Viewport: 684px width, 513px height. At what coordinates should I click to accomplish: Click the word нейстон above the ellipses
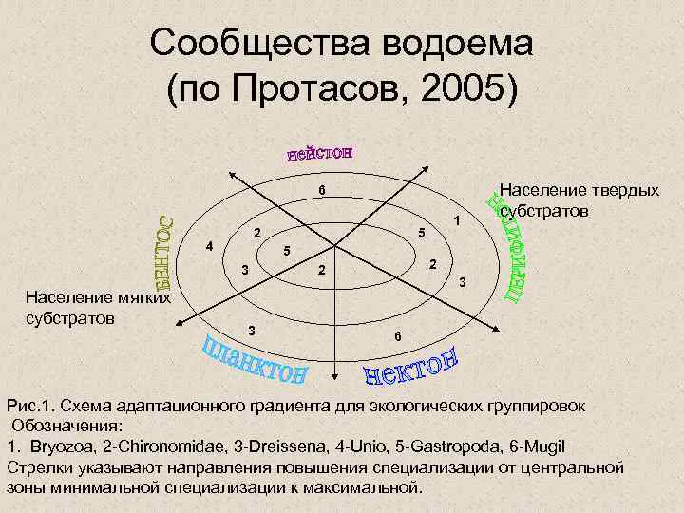coord(320,153)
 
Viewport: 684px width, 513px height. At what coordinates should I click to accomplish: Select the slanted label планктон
coord(255,360)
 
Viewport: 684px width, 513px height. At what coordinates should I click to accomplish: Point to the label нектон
coord(412,368)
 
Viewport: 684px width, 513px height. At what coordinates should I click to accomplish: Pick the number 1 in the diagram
coord(456,220)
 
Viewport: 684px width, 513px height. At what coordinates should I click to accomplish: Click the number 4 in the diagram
coord(209,247)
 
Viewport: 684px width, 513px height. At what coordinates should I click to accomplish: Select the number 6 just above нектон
coord(398,337)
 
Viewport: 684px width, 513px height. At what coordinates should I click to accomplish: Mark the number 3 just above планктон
coord(251,330)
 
